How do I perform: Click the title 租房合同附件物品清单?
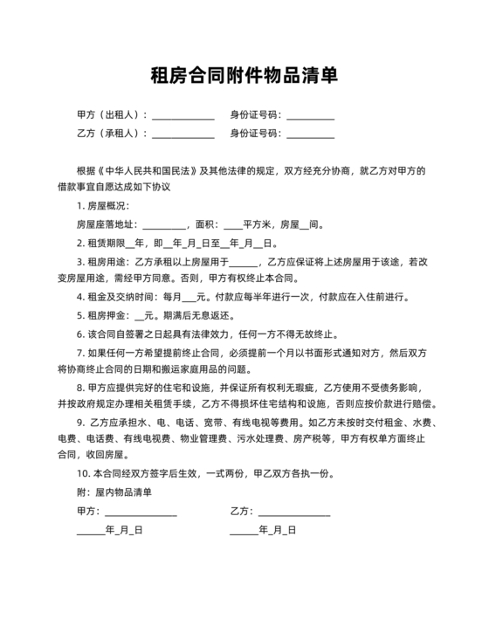[244, 75]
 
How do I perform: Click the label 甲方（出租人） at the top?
[112, 115]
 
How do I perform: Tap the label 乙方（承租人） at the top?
[112, 134]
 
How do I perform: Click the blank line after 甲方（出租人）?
[183, 117]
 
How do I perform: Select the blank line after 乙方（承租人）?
[183, 135]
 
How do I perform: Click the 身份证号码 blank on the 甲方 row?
[310, 117]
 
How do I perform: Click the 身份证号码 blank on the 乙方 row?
[310, 135]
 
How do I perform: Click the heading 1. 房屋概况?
[102, 205]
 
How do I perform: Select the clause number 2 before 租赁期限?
[79, 243]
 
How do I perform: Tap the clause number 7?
[79, 354]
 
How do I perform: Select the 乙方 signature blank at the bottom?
[293, 513]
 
